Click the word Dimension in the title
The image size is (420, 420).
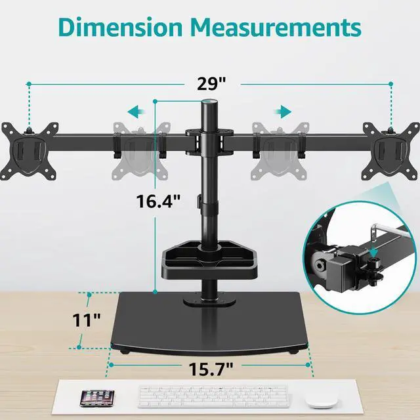[120, 28]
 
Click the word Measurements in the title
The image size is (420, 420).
[276, 28]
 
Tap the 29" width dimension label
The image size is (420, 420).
[211, 83]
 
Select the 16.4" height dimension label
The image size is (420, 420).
[158, 201]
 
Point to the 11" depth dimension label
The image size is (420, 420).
[87, 320]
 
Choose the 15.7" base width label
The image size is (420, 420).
[211, 369]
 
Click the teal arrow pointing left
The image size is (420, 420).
[136, 112]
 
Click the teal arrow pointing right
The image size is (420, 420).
[282, 112]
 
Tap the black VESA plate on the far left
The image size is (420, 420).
[30, 151]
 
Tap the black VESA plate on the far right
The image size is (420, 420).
[391, 151]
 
